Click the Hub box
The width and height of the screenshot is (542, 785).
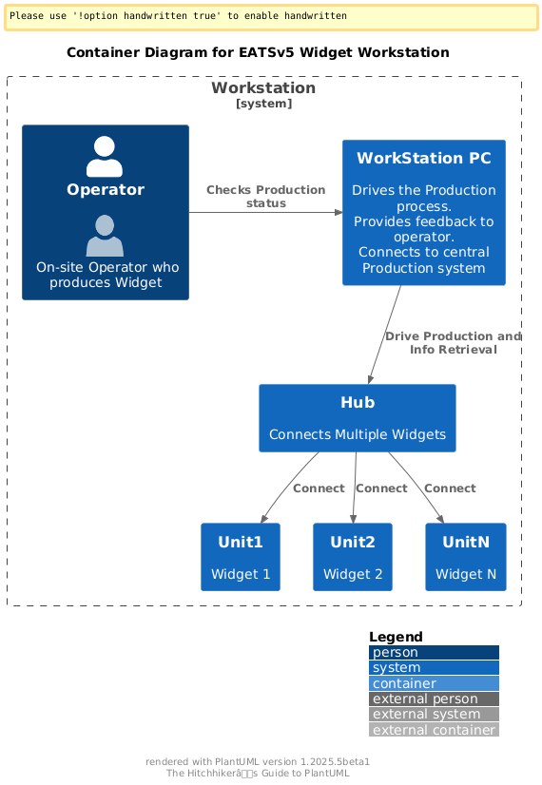click(358, 418)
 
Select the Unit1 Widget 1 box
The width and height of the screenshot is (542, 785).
click(241, 557)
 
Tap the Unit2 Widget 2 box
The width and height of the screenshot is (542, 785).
click(353, 557)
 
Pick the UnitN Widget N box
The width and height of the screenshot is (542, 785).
click(466, 557)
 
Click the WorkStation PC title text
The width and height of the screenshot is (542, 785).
click(424, 158)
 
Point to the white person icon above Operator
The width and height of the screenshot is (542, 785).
click(105, 157)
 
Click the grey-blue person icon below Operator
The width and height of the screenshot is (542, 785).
click(105, 236)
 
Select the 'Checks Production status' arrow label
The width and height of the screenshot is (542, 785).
click(266, 196)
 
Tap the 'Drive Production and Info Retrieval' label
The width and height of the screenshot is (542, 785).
click(454, 342)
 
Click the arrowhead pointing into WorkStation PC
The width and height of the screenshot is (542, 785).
click(339, 212)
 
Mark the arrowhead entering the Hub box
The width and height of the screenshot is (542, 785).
click(371, 380)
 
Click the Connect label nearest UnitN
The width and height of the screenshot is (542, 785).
click(450, 488)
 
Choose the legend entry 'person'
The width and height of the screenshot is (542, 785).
click(434, 652)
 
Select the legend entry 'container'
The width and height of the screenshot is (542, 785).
click(434, 683)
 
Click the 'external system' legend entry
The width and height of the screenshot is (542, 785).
click(434, 714)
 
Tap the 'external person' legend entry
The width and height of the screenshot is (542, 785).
click(434, 699)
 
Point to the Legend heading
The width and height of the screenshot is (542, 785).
click(396, 637)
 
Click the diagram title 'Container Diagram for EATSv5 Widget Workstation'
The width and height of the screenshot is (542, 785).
click(258, 52)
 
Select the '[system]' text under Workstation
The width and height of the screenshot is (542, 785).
click(264, 104)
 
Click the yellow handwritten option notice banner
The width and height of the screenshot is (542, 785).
click(271, 17)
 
